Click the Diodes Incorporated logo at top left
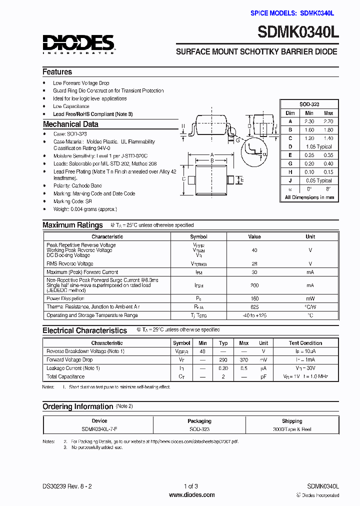79,43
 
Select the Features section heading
57,71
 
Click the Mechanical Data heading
70,124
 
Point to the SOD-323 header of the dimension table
309,104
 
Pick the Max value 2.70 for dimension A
328,121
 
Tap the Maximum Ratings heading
72,225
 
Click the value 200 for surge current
254,285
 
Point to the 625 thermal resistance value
254,306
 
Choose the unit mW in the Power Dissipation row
310,298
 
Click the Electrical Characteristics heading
84,330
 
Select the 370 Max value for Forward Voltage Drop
243,359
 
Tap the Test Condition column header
305,343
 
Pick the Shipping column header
291,421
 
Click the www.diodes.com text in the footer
192,495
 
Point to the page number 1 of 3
191,486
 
